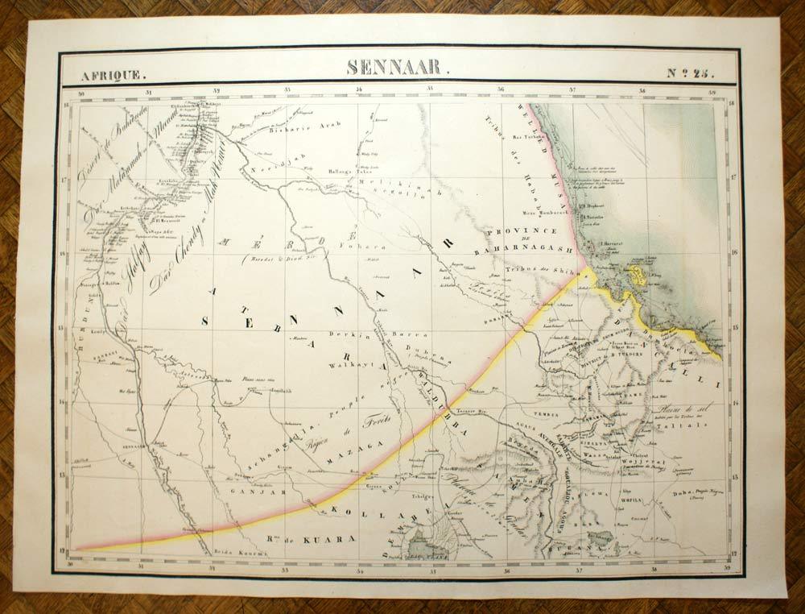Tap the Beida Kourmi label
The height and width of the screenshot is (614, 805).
[x=235, y=552]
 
